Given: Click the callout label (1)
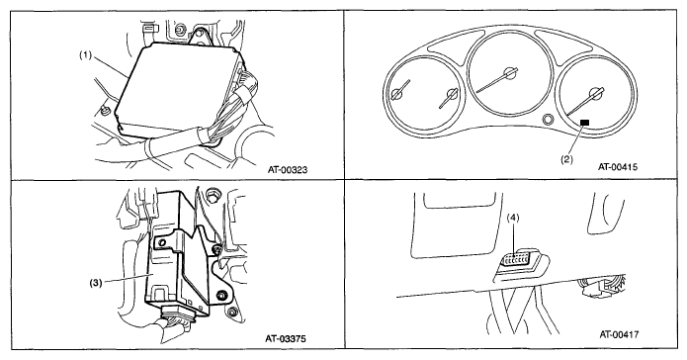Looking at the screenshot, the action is tap(85, 56).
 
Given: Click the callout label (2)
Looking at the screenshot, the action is tap(566, 159).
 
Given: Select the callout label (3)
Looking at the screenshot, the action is tap(96, 283).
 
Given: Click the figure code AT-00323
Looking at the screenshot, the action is tap(288, 169).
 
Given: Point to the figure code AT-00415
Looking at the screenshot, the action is tap(618, 166).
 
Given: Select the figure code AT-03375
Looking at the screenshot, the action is tap(286, 338).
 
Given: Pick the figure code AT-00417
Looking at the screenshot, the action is tap(619, 334).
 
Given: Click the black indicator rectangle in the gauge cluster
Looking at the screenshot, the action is tap(584, 123).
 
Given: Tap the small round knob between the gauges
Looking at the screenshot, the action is tap(548, 120).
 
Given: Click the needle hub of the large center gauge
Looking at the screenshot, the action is tap(509, 73).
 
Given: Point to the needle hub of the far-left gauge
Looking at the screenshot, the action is tap(397, 93).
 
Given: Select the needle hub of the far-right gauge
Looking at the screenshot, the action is tap(595, 94).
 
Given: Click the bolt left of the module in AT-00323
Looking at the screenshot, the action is tap(104, 112).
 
